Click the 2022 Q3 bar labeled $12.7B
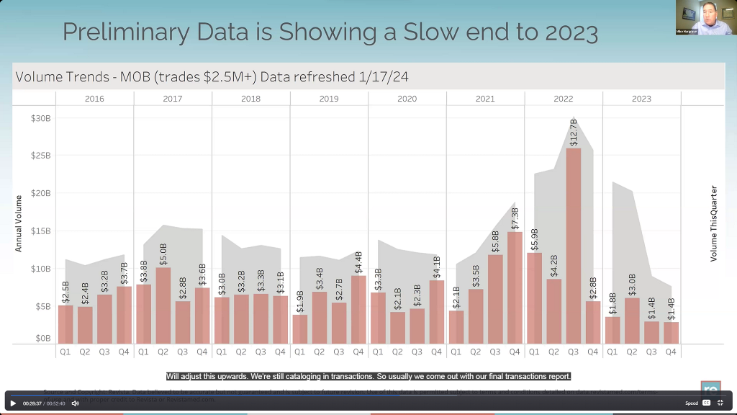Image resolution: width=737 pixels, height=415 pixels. [574, 245]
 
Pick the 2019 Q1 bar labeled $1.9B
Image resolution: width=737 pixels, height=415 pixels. [299, 329]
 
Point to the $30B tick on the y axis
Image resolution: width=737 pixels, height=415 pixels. [41, 118]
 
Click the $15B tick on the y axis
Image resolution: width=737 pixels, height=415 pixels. [41, 231]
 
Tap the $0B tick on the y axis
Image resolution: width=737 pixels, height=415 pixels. [43, 338]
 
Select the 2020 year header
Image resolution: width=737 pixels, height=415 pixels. [407, 99]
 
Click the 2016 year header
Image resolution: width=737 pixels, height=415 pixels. [94, 99]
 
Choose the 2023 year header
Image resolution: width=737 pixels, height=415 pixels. [641, 99]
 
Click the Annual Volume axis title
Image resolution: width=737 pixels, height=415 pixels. [19, 223]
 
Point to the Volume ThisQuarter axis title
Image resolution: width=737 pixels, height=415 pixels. [714, 223]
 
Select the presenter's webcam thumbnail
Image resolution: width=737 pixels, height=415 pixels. [705, 17]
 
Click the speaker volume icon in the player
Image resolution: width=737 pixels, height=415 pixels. [75, 403]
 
